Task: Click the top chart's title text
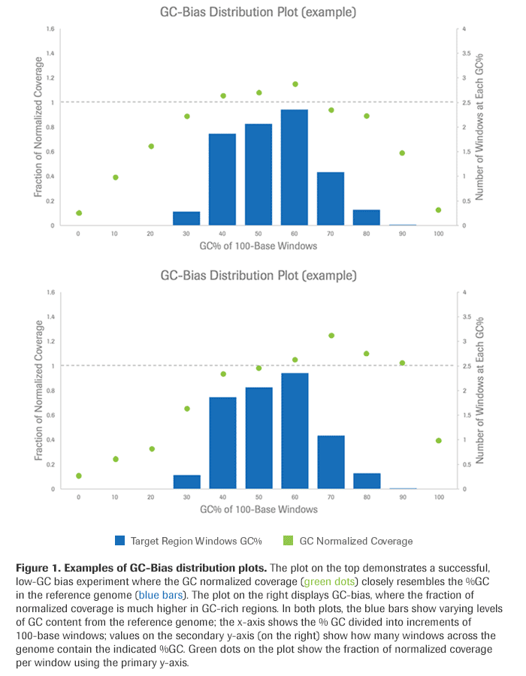coord(258,13)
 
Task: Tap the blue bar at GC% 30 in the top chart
coord(186,219)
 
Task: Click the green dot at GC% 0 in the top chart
coord(79,213)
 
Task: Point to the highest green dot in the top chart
coord(295,84)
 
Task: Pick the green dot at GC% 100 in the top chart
coord(438,210)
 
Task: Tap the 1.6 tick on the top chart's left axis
coord(50,29)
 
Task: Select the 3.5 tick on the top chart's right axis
coord(467,54)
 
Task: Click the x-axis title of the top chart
coord(258,246)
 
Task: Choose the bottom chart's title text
coord(258,276)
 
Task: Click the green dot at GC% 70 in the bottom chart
coord(331,336)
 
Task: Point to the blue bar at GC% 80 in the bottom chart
coord(367,481)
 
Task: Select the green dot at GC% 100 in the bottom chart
coord(438,441)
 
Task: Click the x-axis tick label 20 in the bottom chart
coord(150,498)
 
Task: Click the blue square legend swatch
coord(120,540)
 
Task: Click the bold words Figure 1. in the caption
coord(42,566)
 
